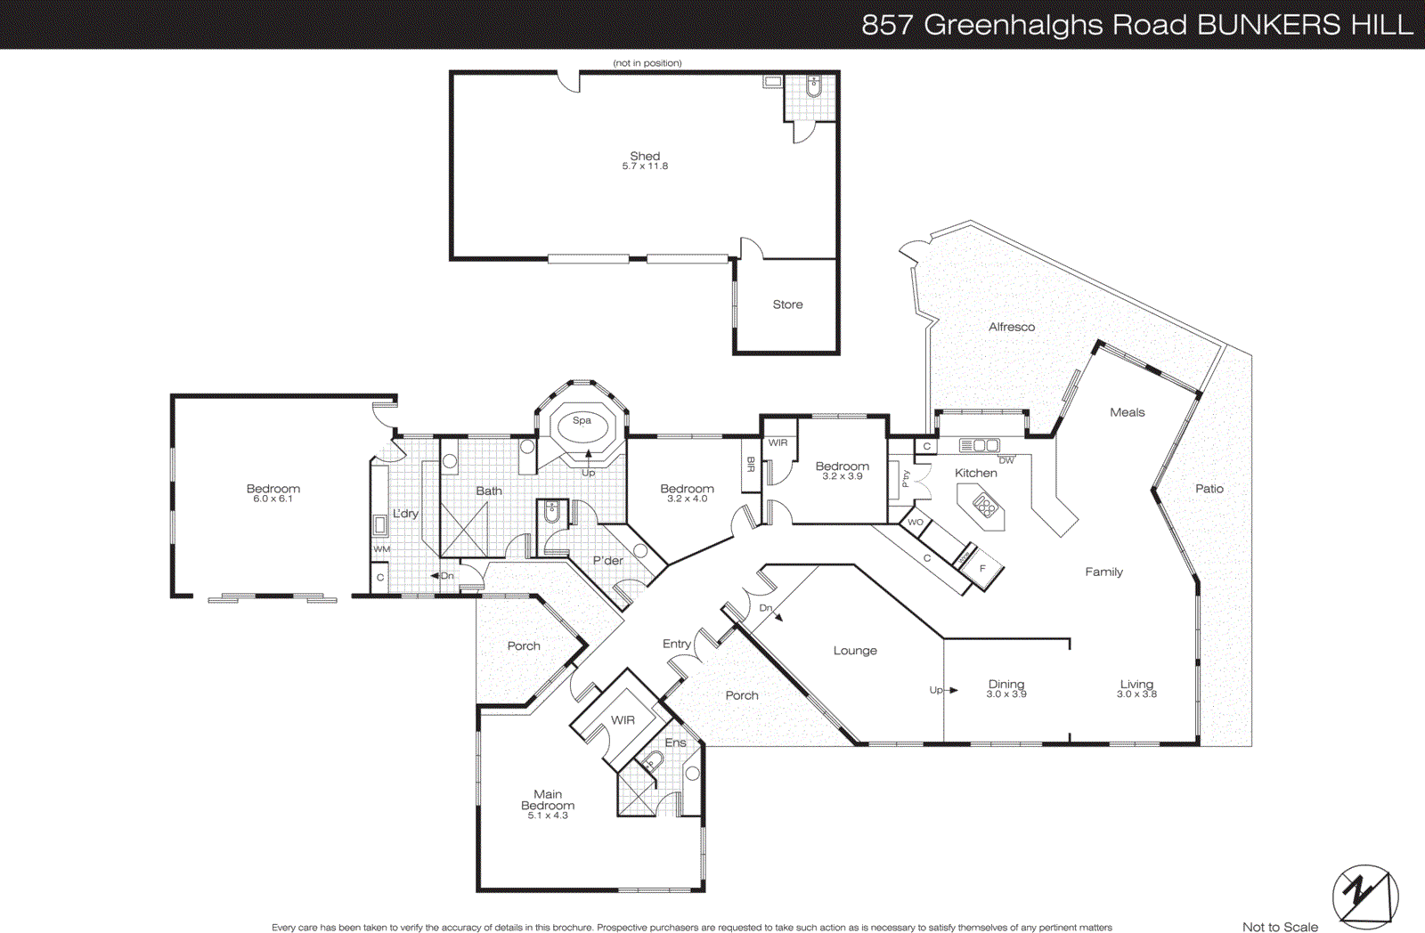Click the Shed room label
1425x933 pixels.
tap(645, 156)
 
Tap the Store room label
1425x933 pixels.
tap(787, 304)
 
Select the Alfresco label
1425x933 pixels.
tap(1012, 327)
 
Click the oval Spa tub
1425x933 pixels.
tap(582, 426)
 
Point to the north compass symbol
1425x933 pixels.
tap(1364, 896)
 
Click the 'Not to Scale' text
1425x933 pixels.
tap(1280, 927)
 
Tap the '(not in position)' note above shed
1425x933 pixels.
tap(647, 63)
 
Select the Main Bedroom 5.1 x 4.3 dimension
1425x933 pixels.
tap(548, 815)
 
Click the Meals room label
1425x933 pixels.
tap(1127, 412)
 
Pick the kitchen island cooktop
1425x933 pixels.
tap(984, 507)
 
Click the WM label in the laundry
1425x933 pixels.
tap(381, 549)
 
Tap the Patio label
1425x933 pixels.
tap(1209, 489)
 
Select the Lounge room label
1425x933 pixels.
tap(855, 651)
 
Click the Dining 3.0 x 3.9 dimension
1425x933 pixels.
tap(1006, 694)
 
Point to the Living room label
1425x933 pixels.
tap(1136, 684)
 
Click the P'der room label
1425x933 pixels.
tap(607, 560)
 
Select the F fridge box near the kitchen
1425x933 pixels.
tap(983, 568)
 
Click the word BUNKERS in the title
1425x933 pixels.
tap(1268, 24)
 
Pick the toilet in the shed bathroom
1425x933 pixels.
tap(813, 86)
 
